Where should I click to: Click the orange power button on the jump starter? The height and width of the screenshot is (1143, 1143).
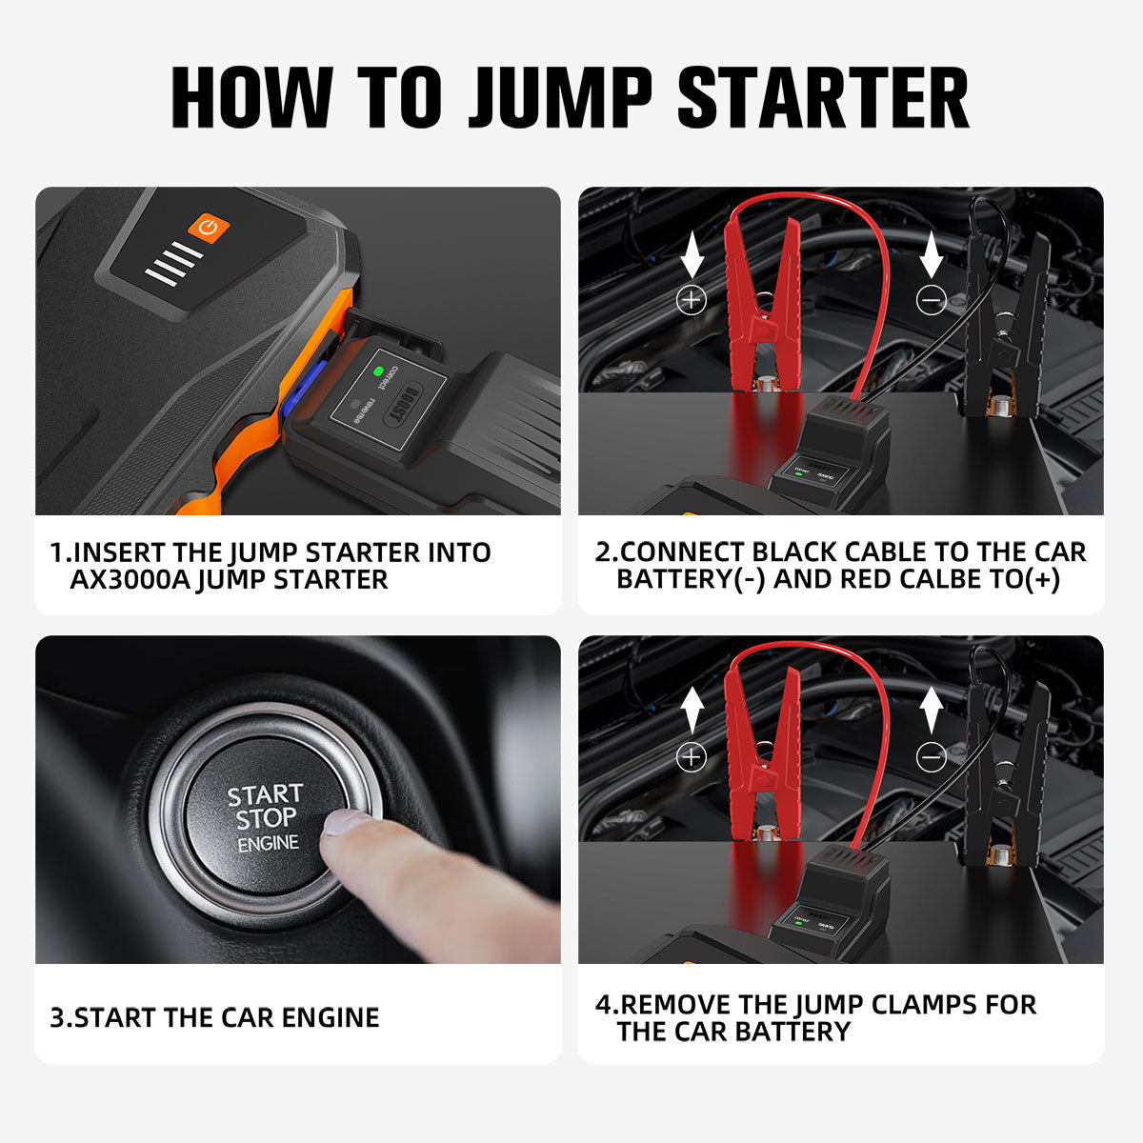[x=209, y=227]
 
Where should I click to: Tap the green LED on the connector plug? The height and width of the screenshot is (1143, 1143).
[x=378, y=371]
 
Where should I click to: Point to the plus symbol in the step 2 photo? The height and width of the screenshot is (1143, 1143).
[x=691, y=300]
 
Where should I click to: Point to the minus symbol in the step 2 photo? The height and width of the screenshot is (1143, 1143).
[x=931, y=300]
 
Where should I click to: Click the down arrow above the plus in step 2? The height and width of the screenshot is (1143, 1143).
[x=692, y=254]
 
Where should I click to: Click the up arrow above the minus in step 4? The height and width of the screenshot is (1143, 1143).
[x=931, y=711]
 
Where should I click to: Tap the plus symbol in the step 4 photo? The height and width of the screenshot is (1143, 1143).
[x=691, y=757]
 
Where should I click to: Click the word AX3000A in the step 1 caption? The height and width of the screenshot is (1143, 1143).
[x=130, y=579]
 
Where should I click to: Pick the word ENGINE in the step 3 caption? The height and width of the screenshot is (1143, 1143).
[x=329, y=1017]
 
